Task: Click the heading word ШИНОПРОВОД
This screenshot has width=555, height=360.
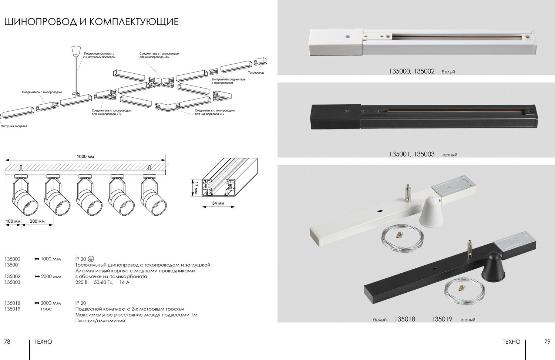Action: click(40, 22)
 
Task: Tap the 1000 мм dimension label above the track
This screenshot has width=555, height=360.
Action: click(85, 157)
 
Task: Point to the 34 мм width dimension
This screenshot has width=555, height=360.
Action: click(219, 203)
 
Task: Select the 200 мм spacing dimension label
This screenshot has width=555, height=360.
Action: click(37, 221)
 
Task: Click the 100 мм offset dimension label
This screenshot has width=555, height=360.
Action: click(13, 221)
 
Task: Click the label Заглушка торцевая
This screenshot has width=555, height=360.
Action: click(14, 126)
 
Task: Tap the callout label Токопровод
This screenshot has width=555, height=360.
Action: click(256, 73)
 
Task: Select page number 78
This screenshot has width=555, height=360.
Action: click(7, 342)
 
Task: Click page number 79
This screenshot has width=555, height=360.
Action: click(547, 342)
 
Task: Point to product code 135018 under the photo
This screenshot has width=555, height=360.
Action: click(405, 319)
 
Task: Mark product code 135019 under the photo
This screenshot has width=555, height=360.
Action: click(442, 319)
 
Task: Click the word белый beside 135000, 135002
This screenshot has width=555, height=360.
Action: click(448, 72)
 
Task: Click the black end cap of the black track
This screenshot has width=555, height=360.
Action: click(336, 116)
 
